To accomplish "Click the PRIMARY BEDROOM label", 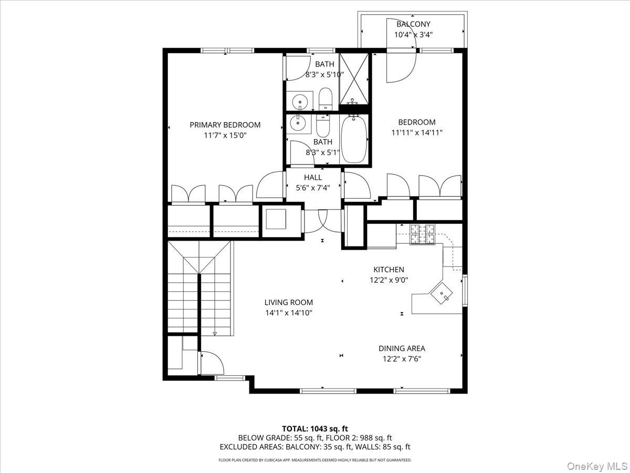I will point(225,125).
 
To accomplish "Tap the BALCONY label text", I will point(413,24).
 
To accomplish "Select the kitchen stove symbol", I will point(423,234).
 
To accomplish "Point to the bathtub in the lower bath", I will point(354,139).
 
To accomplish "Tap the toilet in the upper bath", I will point(325,99).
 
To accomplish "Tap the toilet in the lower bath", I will point(322,126).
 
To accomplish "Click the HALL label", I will point(313,178).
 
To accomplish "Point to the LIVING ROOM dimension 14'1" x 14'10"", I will point(288,313).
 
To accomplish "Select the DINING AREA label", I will point(402,348).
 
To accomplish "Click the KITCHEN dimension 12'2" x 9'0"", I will point(388,280).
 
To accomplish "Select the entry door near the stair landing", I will point(212,362).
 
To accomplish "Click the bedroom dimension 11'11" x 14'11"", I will point(416,133).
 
